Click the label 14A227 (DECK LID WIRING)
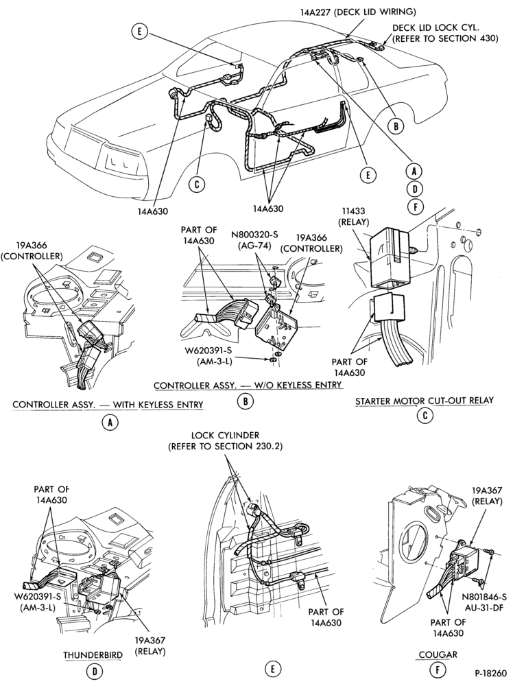[358, 12]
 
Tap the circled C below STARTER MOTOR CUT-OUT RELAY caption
[425, 415]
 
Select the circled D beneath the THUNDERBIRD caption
[94, 672]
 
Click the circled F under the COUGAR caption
[438, 670]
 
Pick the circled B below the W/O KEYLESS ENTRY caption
[246, 401]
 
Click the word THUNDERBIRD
[93, 655]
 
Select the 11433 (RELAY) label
[353, 217]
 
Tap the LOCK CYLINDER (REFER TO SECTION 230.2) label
[226, 441]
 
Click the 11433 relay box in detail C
[390, 257]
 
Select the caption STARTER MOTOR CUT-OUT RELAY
[425, 401]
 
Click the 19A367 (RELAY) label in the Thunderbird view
[150, 646]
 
